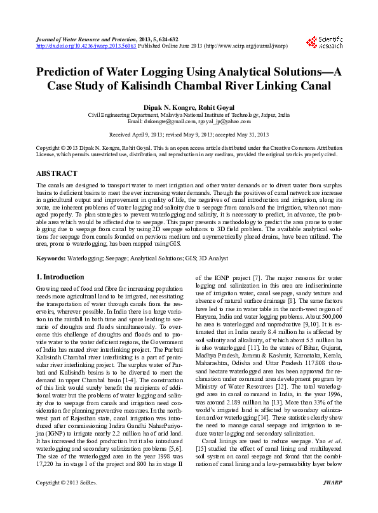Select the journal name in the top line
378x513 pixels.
pos(83,39)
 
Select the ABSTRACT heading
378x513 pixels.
pos(57,173)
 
